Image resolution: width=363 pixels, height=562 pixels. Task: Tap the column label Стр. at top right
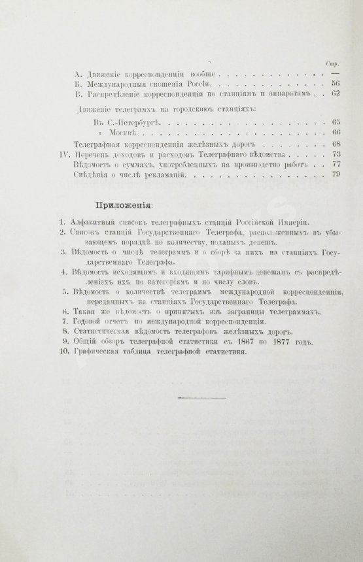[330, 63]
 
